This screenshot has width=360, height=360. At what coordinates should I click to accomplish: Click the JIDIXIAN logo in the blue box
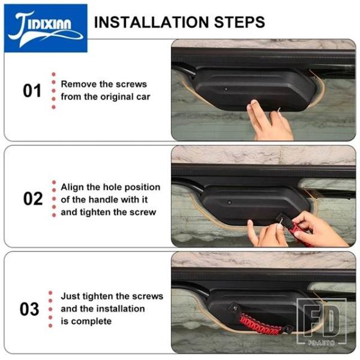click(46, 28)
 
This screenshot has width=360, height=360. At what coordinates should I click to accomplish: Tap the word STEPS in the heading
click(239, 22)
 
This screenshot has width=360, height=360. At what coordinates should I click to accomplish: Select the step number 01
click(32, 91)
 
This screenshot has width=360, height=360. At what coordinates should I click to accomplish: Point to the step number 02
click(33, 199)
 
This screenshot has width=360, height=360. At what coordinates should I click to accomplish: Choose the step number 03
click(29, 309)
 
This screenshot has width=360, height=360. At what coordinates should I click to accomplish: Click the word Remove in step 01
click(76, 84)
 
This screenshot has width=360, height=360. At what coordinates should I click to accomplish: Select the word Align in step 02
click(73, 187)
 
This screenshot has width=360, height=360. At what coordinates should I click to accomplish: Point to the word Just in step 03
click(70, 296)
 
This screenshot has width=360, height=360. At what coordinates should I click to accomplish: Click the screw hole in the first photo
click(226, 89)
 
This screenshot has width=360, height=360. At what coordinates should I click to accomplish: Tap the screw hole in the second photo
click(229, 203)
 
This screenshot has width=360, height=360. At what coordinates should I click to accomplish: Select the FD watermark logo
click(321, 319)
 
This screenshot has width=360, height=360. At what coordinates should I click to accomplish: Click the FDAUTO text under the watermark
click(322, 343)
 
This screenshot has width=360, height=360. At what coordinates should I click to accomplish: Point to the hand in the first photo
click(269, 121)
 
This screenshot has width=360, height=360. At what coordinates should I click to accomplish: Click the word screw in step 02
click(143, 212)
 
